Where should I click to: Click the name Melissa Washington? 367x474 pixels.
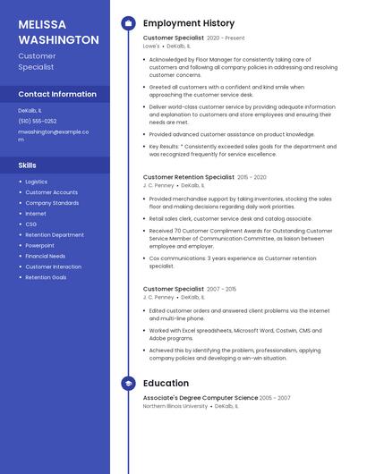point(58,31)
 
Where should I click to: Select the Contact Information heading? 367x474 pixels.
point(57,94)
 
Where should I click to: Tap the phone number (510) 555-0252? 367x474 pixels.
point(38,121)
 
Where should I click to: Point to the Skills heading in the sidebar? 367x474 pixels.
point(28,165)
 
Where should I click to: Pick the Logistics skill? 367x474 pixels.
point(37,182)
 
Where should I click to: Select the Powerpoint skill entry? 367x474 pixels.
point(39,245)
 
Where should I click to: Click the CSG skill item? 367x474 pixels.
point(31,224)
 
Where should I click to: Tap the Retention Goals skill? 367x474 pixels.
point(46,277)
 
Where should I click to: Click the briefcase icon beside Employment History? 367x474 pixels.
point(128,23)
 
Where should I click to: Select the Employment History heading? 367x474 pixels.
point(189,23)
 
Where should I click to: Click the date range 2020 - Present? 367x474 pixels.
point(226,38)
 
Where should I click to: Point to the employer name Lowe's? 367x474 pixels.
point(151,46)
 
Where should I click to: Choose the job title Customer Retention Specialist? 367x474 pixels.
point(189,177)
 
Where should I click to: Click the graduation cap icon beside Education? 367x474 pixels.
point(128,384)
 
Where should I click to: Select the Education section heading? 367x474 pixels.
point(166,384)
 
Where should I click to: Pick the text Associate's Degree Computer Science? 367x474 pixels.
point(201,398)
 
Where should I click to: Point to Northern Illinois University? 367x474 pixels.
point(175,406)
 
